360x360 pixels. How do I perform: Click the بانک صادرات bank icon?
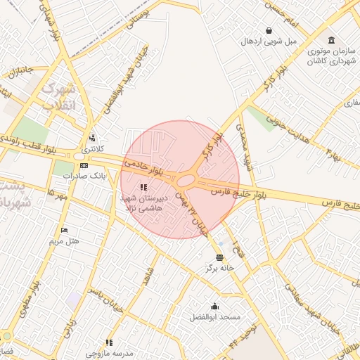tap(84, 165)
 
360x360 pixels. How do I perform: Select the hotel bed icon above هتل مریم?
tap(65, 230)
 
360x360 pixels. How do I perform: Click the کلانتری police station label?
tap(92, 149)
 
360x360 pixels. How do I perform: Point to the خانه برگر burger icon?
tap(219, 257)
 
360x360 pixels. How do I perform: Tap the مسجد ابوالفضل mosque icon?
tap(214, 307)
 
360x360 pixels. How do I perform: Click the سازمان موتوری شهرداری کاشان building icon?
tap(331, 39)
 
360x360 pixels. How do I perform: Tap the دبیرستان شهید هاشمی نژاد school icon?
tap(143, 187)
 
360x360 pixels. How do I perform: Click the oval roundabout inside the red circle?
tap(186, 181)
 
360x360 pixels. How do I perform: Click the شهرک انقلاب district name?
tap(57, 98)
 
